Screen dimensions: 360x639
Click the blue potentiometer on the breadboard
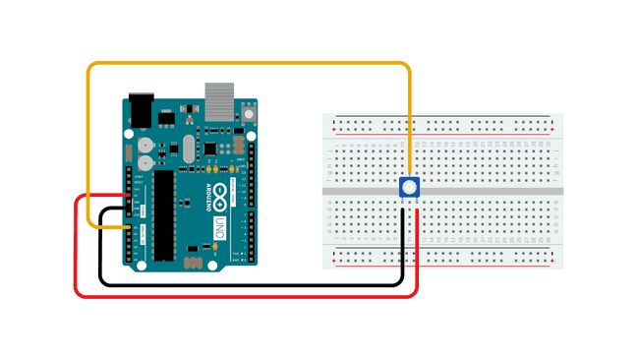point(410,189)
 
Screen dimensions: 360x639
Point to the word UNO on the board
point(219,230)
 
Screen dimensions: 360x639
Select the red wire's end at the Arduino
point(129,196)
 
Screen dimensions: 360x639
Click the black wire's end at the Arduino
point(129,209)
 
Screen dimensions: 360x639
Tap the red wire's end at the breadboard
point(418,210)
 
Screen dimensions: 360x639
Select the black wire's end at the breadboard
point(403,210)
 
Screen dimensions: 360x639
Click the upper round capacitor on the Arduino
point(145,141)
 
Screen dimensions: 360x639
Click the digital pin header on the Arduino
point(251,197)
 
